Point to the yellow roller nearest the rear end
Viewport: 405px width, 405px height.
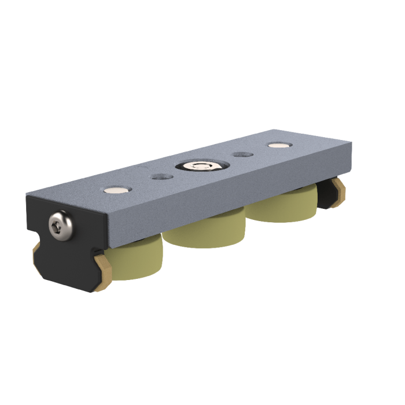(x=282, y=209)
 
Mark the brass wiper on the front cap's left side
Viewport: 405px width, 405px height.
(x=36, y=249)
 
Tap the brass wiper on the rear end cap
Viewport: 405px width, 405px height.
(x=338, y=189)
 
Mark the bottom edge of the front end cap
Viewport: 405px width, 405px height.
(x=69, y=286)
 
